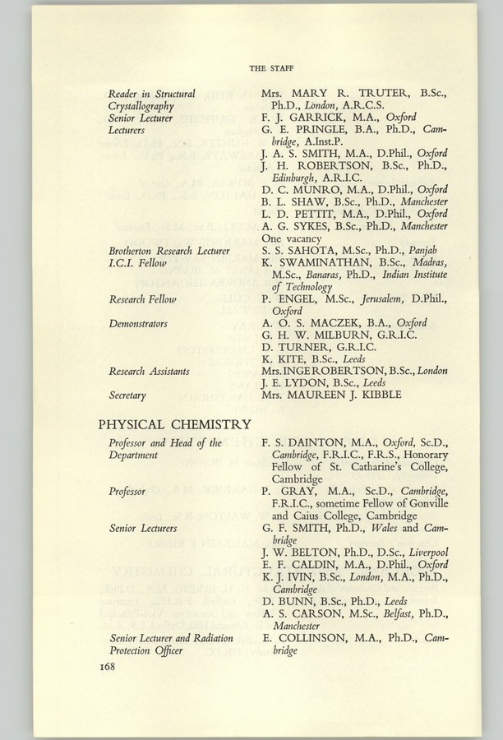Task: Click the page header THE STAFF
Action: pyautogui.click(x=273, y=67)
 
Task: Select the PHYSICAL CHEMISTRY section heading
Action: pyautogui.click(x=174, y=424)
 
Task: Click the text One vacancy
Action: pyautogui.click(x=290, y=238)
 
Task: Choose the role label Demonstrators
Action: pyautogui.click(x=138, y=324)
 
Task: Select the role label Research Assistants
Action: pyautogui.click(x=149, y=372)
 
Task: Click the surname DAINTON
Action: pyautogui.click(x=321, y=444)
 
